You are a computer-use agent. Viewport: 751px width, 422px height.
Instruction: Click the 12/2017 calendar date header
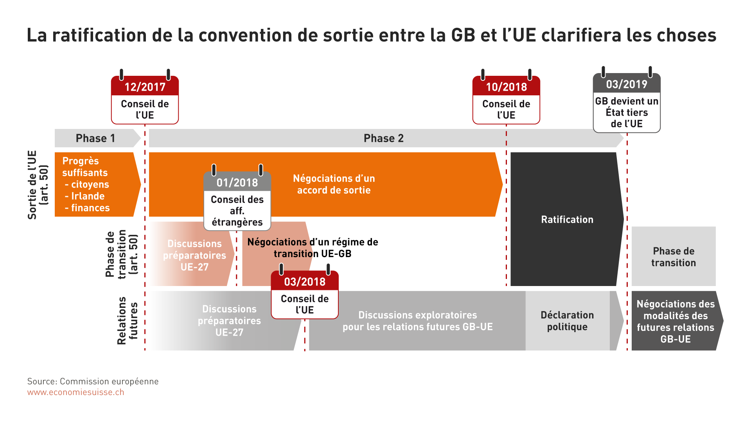click(x=145, y=87)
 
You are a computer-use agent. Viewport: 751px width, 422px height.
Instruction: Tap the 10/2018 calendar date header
click(x=506, y=87)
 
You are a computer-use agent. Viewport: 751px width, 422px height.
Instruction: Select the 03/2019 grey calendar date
click(x=627, y=84)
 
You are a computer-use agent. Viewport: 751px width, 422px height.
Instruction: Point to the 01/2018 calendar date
click(x=237, y=182)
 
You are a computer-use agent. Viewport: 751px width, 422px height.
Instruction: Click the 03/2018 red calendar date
click(x=305, y=282)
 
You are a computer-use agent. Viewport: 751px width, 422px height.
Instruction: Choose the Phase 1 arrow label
click(x=95, y=138)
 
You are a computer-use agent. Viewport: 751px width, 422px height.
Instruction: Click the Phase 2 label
click(x=383, y=138)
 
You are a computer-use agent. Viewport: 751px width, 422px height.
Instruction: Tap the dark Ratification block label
click(x=567, y=220)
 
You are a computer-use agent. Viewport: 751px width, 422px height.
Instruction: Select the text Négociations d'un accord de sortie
click(x=334, y=184)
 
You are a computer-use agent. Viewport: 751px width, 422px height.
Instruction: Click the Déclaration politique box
click(x=567, y=321)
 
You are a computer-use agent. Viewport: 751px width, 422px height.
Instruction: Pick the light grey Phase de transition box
click(x=674, y=256)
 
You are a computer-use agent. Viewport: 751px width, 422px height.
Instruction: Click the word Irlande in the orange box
click(x=88, y=196)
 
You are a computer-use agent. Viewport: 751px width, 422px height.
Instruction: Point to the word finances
click(x=90, y=208)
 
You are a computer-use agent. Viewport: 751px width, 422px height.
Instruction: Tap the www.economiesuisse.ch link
click(x=76, y=392)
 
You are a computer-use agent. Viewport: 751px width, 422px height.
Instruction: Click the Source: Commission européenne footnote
click(x=93, y=381)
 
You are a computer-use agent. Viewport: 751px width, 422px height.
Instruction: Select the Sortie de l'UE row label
click(x=38, y=185)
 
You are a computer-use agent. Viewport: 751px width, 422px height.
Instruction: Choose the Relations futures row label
click(x=128, y=321)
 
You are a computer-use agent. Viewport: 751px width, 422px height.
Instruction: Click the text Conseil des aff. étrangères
click(x=237, y=211)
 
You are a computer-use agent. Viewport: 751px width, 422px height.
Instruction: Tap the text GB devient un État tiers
click(x=627, y=107)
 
